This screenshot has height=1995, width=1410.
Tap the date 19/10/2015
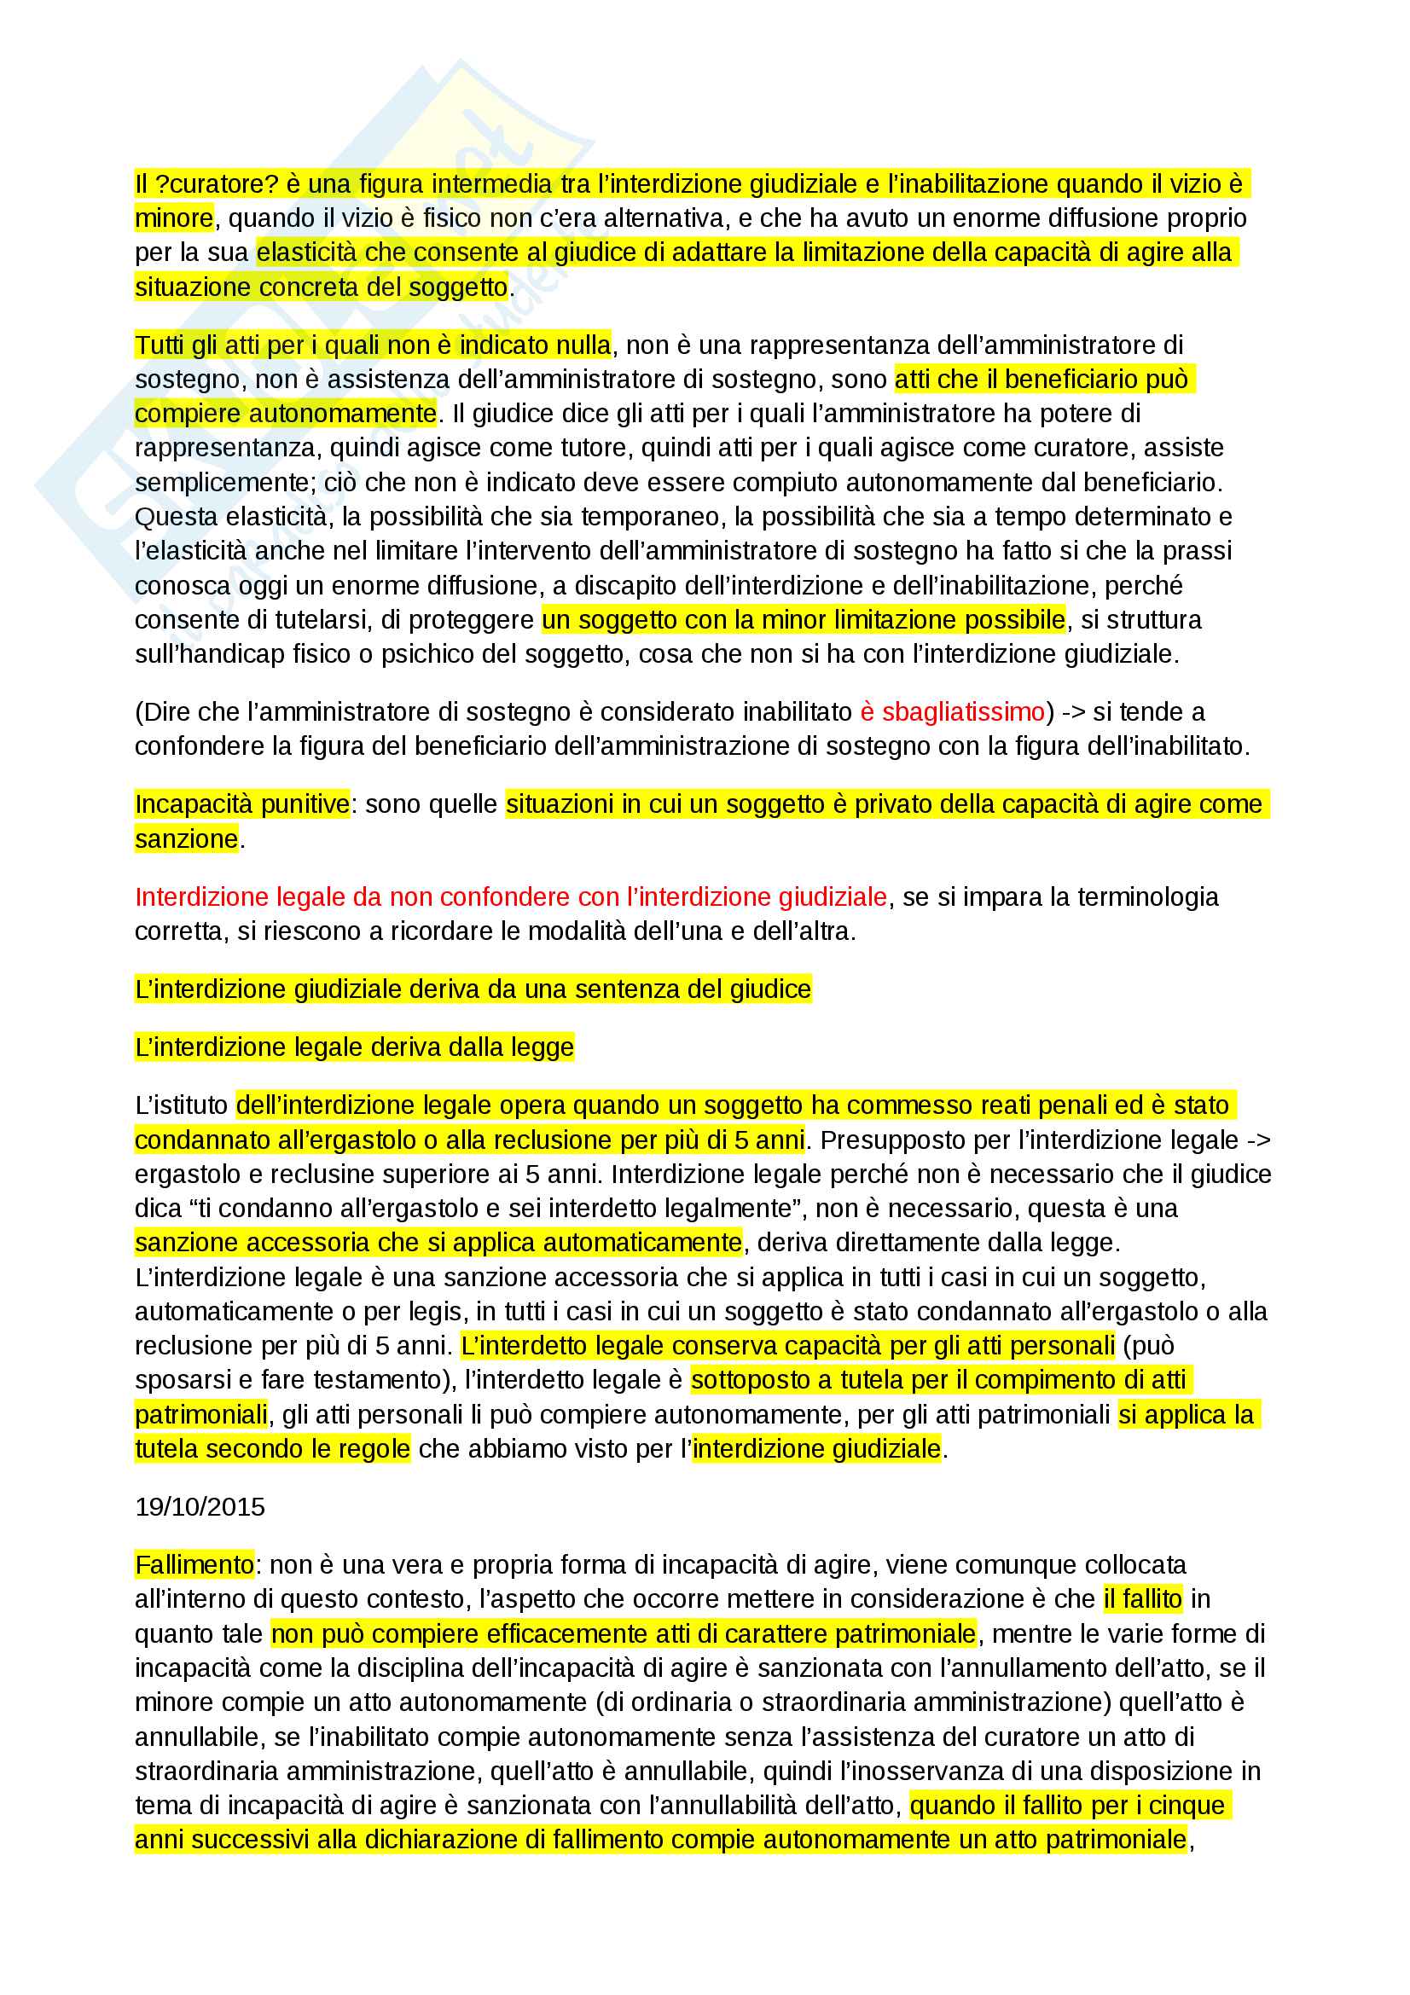(200, 1506)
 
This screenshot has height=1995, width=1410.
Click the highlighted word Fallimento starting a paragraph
(194, 1565)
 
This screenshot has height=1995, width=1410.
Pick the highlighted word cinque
(1186, 1806)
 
